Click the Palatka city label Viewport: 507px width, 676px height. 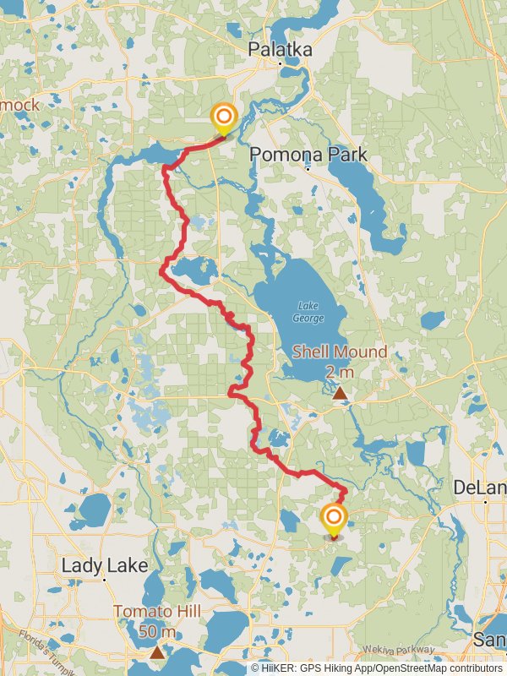click(x=280, y=50)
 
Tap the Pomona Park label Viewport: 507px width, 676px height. click(x=308, y=155)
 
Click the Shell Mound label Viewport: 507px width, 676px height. click(x=339, y=352)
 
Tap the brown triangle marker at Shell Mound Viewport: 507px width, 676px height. click(x=340, y=393)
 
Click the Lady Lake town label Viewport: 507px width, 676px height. click(x=104, y=565)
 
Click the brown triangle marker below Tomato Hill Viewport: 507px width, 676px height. click(x=157, y=651)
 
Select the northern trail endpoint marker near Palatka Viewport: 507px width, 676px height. click(x=223, y=117)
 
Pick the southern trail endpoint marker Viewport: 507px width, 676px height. click(x=334, y=518)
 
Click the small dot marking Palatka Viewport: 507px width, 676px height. click(x=280, y=64)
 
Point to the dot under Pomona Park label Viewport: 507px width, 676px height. click(x=308, y=168)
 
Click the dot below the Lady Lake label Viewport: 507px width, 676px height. click(x=104, y=580)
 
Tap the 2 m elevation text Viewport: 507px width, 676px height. click(x=339, y=372)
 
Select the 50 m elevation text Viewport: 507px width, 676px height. click(x=157, y=631)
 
